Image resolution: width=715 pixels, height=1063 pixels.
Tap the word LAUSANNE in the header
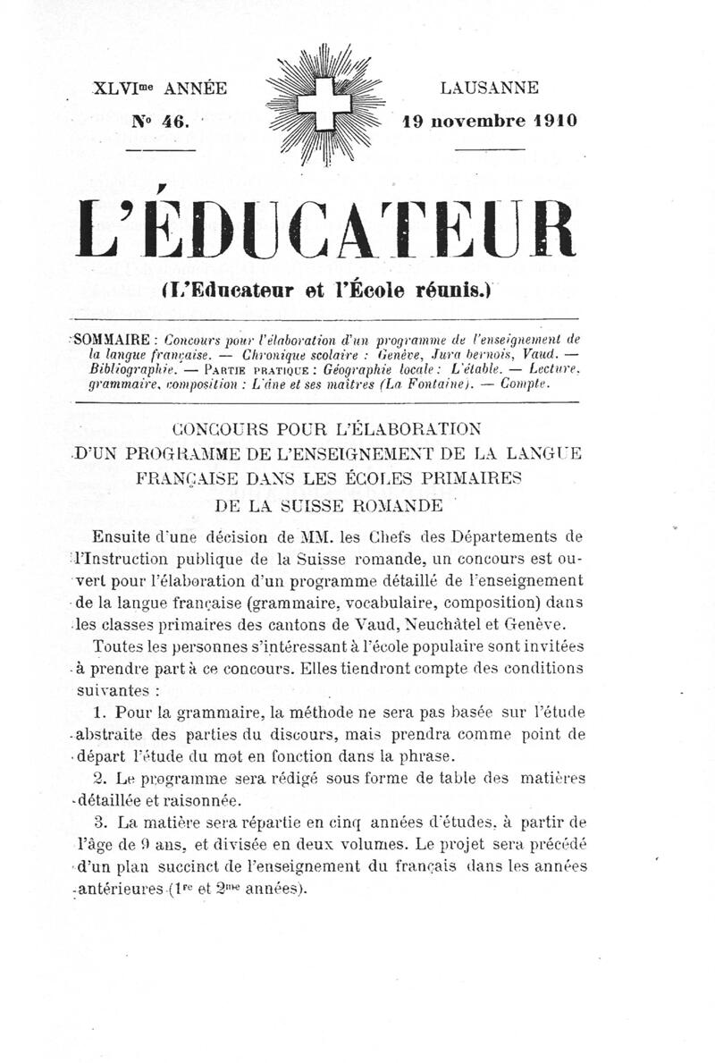click(x=489, y=89)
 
